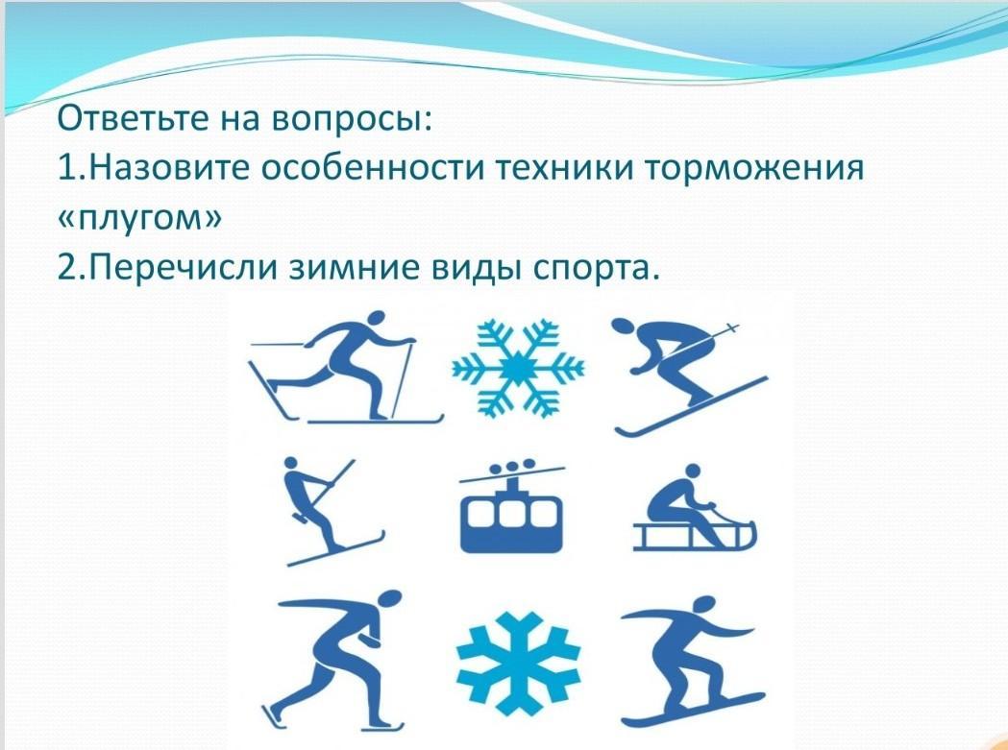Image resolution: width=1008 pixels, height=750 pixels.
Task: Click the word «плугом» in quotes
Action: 139,219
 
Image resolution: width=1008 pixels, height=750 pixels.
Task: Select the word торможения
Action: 753,169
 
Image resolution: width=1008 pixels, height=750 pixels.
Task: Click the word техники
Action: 566,169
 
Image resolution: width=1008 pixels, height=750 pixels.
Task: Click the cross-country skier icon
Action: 346,367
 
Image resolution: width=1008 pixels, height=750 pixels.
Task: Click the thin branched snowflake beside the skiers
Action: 518,368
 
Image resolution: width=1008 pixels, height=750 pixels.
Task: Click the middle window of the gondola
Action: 512,514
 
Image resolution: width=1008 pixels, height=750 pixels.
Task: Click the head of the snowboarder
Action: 702,606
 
